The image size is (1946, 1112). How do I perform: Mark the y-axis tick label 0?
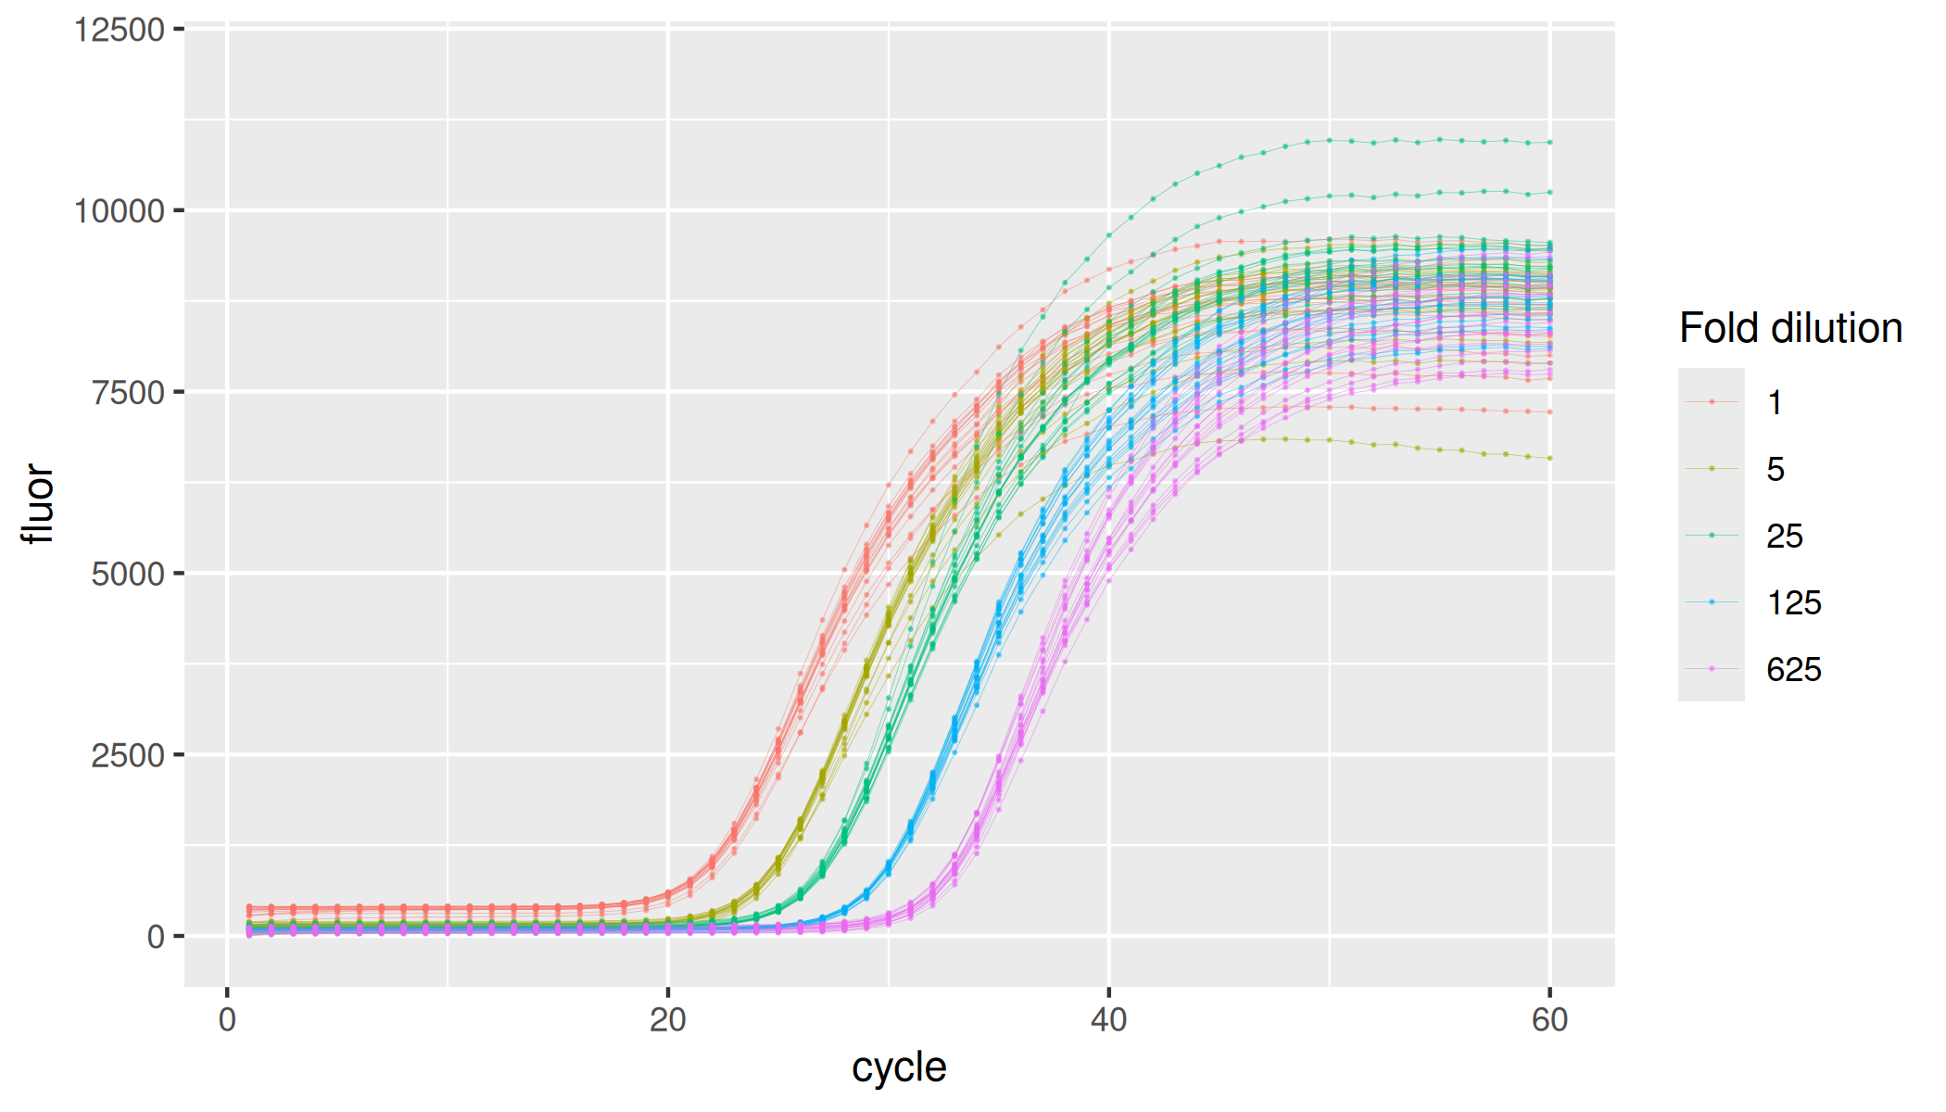[156, 937]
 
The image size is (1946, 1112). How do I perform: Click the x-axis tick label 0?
[227, 1020]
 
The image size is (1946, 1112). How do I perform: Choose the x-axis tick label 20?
[667, 1020]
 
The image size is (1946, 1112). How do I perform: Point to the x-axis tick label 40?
[1108, 1020]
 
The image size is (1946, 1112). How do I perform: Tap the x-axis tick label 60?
[1549, 1020]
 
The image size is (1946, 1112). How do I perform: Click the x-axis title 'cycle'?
[899, 1068]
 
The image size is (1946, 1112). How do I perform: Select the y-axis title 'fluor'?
[39, 504]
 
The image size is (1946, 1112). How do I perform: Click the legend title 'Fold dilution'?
[1790, 328]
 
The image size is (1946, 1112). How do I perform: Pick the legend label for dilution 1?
[1775, 402]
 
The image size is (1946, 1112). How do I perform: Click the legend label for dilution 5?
[1775, 469]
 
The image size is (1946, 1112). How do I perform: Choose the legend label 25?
[1785, 536]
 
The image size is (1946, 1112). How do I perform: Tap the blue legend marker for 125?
[1712, 602]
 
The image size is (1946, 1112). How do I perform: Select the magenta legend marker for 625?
[1712, 669]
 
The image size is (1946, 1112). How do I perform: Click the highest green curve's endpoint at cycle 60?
[1549, 143]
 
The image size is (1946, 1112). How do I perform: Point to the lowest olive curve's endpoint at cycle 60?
[1549, 458]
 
